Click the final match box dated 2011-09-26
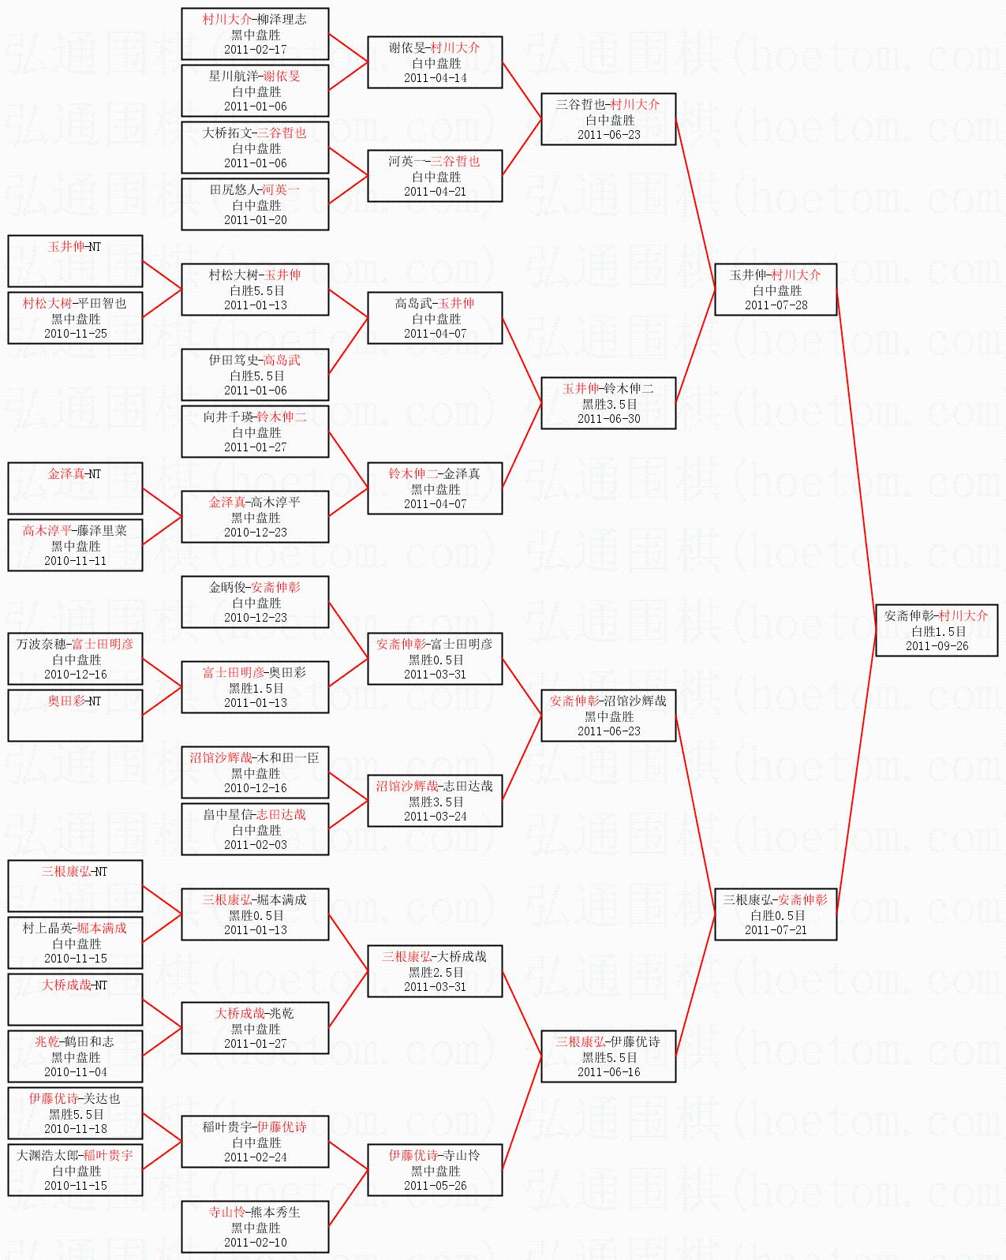point(937,630)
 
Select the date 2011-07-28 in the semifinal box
point(776,305)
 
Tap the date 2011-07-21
point(776,929)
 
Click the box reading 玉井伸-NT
point(75,260)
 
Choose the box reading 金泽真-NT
point(75,488)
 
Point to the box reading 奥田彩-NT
point(75,715)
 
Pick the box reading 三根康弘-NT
point(75,885)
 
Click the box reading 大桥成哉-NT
point(75,999)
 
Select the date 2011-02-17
point(256,49)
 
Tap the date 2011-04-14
point(435,78)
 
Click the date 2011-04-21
point(435,192)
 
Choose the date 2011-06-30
point(609,419)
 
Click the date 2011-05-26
point(435,1186)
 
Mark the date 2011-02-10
point(256,1243)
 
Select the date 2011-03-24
point(435,816)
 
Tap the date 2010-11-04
point(76,1072)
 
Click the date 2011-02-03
point(256,845)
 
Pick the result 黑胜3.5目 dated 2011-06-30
point(609,404)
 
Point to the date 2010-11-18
point(76,1129)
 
